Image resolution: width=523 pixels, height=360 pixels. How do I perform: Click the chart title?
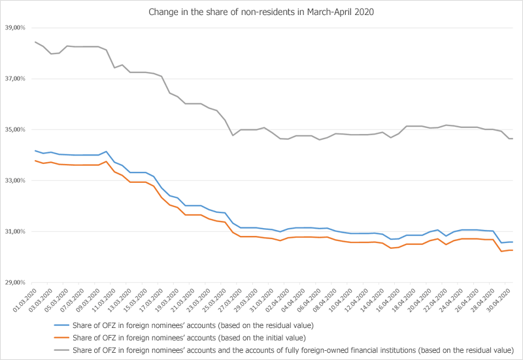(x=261, y=12)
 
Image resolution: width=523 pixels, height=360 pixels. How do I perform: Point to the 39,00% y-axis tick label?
(x=15, y=27)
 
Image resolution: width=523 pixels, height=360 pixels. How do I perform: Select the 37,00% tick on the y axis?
(x=15, y=78)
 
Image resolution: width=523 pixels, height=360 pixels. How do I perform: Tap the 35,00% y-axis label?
(x=15, y=129)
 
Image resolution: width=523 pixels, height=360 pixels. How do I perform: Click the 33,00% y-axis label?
(x=15, y=181)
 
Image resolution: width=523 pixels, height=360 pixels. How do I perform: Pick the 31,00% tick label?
(x=15, y=232)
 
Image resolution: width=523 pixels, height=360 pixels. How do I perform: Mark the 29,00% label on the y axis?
(x=15, y=283)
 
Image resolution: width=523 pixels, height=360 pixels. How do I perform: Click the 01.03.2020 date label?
(x=25, y=301)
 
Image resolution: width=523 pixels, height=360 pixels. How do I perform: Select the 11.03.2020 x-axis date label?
(x=104, y=301)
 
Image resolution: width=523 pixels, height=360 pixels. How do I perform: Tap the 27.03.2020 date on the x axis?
(x=230, y=301)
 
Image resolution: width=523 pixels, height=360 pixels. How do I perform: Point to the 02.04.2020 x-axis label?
(x=277, y=301)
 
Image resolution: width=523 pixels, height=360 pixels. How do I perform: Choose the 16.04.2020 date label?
(x=388, y=301)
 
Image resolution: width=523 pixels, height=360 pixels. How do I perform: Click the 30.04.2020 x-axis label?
(x=499, y=301)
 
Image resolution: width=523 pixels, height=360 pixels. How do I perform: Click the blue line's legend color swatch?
(x=61, y=325)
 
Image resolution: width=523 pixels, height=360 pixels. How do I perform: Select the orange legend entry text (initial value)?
(x=189, y=338)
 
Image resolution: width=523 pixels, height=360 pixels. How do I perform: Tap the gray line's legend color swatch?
(x=61, y=350)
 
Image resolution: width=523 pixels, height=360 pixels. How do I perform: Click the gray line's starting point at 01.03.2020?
(x=35, y=42)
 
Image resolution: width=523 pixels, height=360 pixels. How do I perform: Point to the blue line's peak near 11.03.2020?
(x=106, y=152)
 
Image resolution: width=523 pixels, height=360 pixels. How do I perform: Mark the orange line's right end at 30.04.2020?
(x=513, y=250)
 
